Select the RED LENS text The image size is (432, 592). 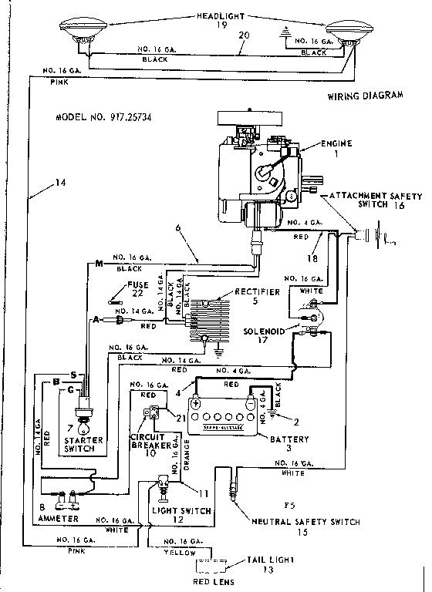(214, 584)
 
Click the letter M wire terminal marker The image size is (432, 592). (99, 266)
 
